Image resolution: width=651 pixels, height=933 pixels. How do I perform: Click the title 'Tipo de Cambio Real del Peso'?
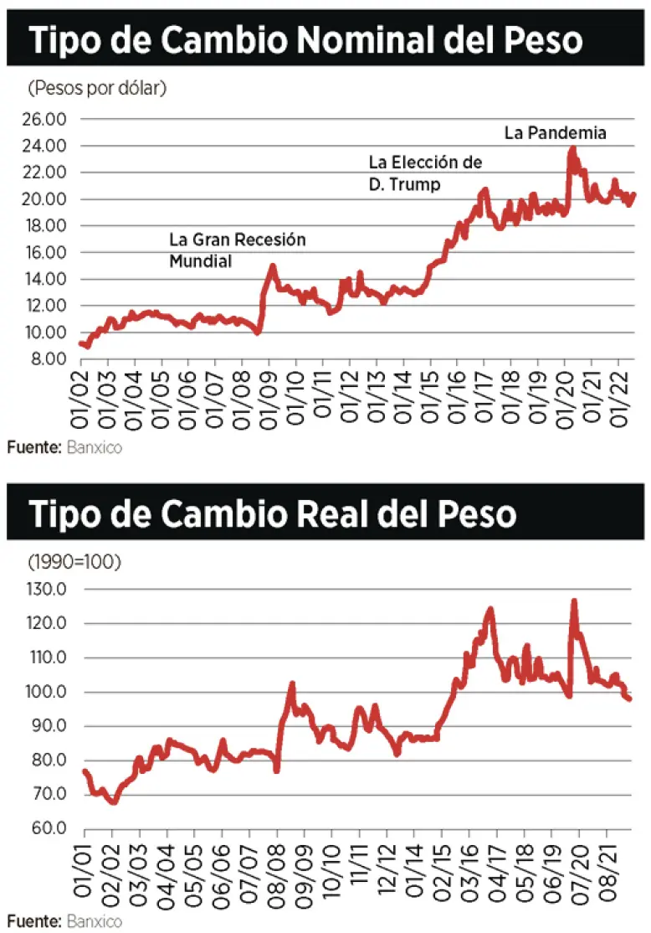tap(273, 513)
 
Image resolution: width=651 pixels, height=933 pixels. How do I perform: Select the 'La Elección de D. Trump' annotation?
tap(425, 173)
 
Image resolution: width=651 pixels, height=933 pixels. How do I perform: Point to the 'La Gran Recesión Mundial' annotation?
tap(238, 250)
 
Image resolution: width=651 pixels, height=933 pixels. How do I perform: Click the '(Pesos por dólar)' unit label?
tap(97, 88)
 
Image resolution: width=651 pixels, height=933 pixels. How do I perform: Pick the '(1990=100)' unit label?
tap(74, 561)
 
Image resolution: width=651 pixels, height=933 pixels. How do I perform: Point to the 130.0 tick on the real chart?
tap(47, 590)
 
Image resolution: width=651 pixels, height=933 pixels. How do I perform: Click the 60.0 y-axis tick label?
tap(49, 828)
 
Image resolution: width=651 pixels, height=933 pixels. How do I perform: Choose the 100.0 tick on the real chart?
tap(47, 693)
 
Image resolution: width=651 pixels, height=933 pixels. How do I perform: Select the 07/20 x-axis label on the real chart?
tap(578, 871)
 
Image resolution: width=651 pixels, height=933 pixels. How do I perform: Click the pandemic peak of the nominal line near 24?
tap(572, 148)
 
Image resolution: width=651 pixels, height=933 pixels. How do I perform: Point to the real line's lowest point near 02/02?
tap(113, 802)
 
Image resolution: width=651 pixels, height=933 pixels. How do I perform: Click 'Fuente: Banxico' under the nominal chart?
tap(64, 448)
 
